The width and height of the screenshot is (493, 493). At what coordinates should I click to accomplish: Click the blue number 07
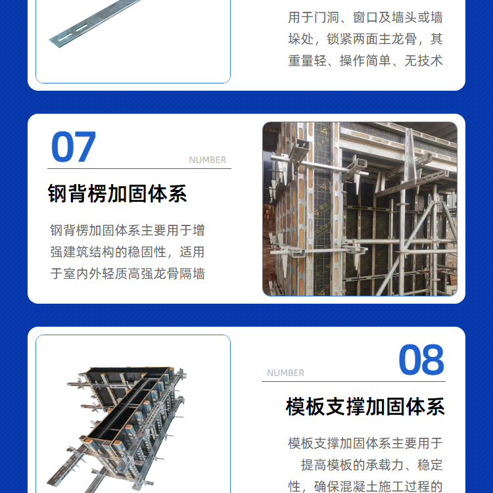pyautogui.click(x=73, y=147)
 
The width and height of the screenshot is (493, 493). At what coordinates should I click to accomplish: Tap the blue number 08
pyautogui.click(x=421, y=360)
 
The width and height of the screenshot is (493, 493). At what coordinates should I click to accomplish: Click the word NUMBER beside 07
pyautogui.click(x=208, y=160)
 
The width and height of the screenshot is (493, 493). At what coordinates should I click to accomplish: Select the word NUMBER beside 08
pyautogui.click(x=285, y=373)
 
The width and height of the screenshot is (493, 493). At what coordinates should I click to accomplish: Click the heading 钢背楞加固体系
pyautogui.click(x=117, y=194)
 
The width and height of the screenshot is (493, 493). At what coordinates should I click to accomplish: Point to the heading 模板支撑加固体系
pyautogui.click(x=365, y=406)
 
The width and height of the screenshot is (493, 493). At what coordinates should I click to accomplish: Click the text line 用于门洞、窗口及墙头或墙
pyautogui.click(x=365, y=17)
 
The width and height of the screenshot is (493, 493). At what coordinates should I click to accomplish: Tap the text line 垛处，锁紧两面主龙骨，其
pyautogui.click(x=365, y=39)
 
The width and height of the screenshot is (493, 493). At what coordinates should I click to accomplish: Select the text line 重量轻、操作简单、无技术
pyautogui.click(x=365, y=60)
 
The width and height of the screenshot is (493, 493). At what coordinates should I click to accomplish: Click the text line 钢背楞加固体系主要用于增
pyautogui.click(x=128, y=230)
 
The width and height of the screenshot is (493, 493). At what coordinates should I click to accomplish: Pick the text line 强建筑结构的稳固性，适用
pyautogui.click(x=128, y=252)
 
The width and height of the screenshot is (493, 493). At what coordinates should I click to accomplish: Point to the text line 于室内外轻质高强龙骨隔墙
pyautogui.click(x=128, y=273)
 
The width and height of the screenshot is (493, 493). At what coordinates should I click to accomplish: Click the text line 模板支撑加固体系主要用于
pyautogui.click(x=365, y=443)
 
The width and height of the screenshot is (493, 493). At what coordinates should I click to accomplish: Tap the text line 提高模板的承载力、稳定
pyautogui.click(x=371, y=465)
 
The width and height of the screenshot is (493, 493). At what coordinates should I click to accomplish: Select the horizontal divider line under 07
pyautogui.click(x=139, y=168)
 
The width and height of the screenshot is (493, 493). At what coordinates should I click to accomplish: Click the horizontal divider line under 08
pyautogui.click(x=354, y=381)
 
